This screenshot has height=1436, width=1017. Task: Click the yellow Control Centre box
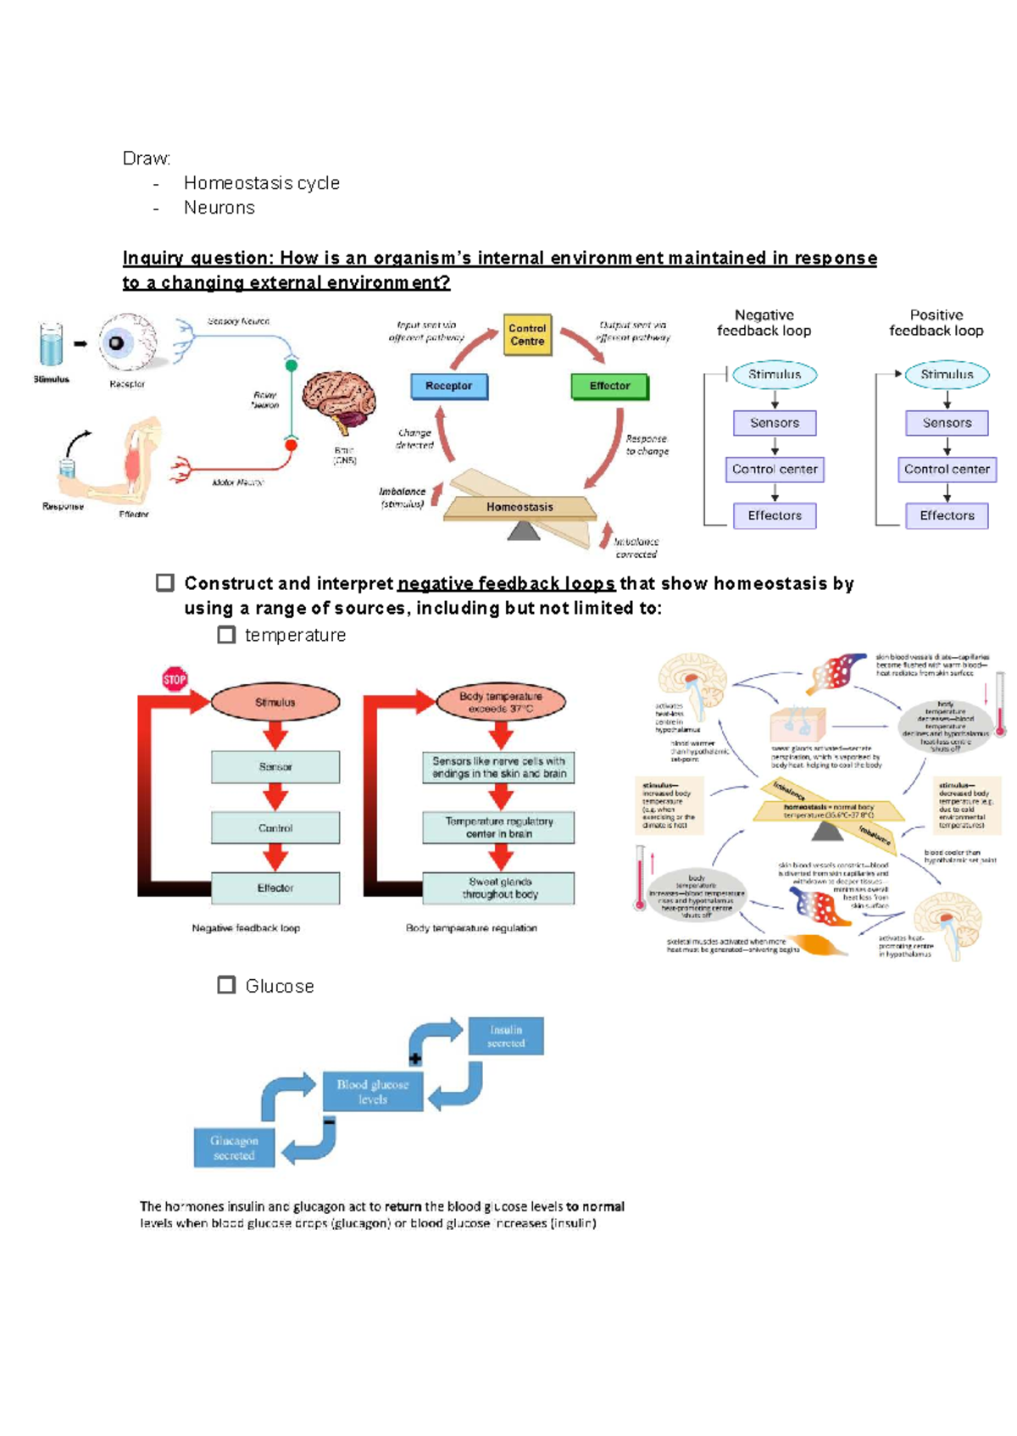click(x=526, y=335)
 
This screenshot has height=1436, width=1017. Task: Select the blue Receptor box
click(x=448, y=386)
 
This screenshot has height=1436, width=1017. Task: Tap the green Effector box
click(x=609, y=386)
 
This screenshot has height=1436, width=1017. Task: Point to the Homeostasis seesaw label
click(x=520, y=507)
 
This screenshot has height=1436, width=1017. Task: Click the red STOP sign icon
click(x=175, y=679)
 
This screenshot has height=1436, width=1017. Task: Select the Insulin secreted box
click(x=506, y=1036)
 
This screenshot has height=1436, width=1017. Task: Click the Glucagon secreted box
click(x=234, y=1148)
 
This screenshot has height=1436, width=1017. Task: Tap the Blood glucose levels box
click(x=372, y=1091)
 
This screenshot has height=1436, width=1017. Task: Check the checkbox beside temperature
click(x=226, y=635)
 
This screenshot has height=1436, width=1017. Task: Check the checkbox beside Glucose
click(x=226, y=985)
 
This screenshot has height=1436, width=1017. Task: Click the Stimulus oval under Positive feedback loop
click(x=947, y=375)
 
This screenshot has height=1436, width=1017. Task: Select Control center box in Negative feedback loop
click(x=775, y=469)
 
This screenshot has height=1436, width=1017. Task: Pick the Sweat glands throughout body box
click(x=499, y=888)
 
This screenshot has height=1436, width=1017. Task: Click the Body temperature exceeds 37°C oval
click(x=500, y=702)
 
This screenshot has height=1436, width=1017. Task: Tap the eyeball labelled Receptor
click(x=126, y=342)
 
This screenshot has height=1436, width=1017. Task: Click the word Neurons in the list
click(x=219, y=208)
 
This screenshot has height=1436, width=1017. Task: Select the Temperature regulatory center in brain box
click(x=499, y=827)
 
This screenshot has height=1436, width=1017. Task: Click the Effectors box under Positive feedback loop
click(x=947, y=515)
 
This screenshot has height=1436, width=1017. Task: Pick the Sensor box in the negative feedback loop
click(x=275, y=766)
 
